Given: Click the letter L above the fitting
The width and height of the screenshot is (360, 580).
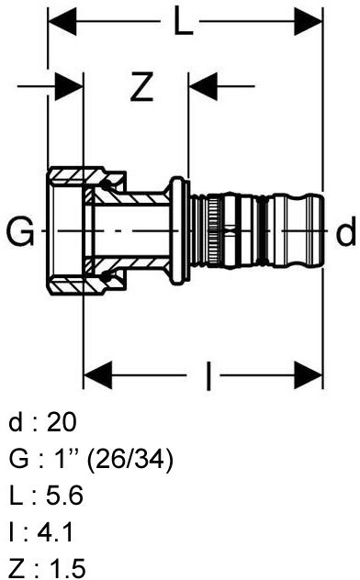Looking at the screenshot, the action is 184,21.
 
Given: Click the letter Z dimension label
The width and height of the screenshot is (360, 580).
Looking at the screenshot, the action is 141,87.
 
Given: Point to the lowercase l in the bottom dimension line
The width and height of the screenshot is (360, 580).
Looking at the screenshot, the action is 208,376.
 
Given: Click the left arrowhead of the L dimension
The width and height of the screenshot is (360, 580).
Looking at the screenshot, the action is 62,21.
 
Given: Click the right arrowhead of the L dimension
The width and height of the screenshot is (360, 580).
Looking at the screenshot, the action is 309,21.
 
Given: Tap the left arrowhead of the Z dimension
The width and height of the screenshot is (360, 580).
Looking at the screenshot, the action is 69,87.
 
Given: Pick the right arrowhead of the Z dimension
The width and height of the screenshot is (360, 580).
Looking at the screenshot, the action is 203,87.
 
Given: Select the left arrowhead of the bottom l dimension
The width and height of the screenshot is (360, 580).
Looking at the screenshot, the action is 98,375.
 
